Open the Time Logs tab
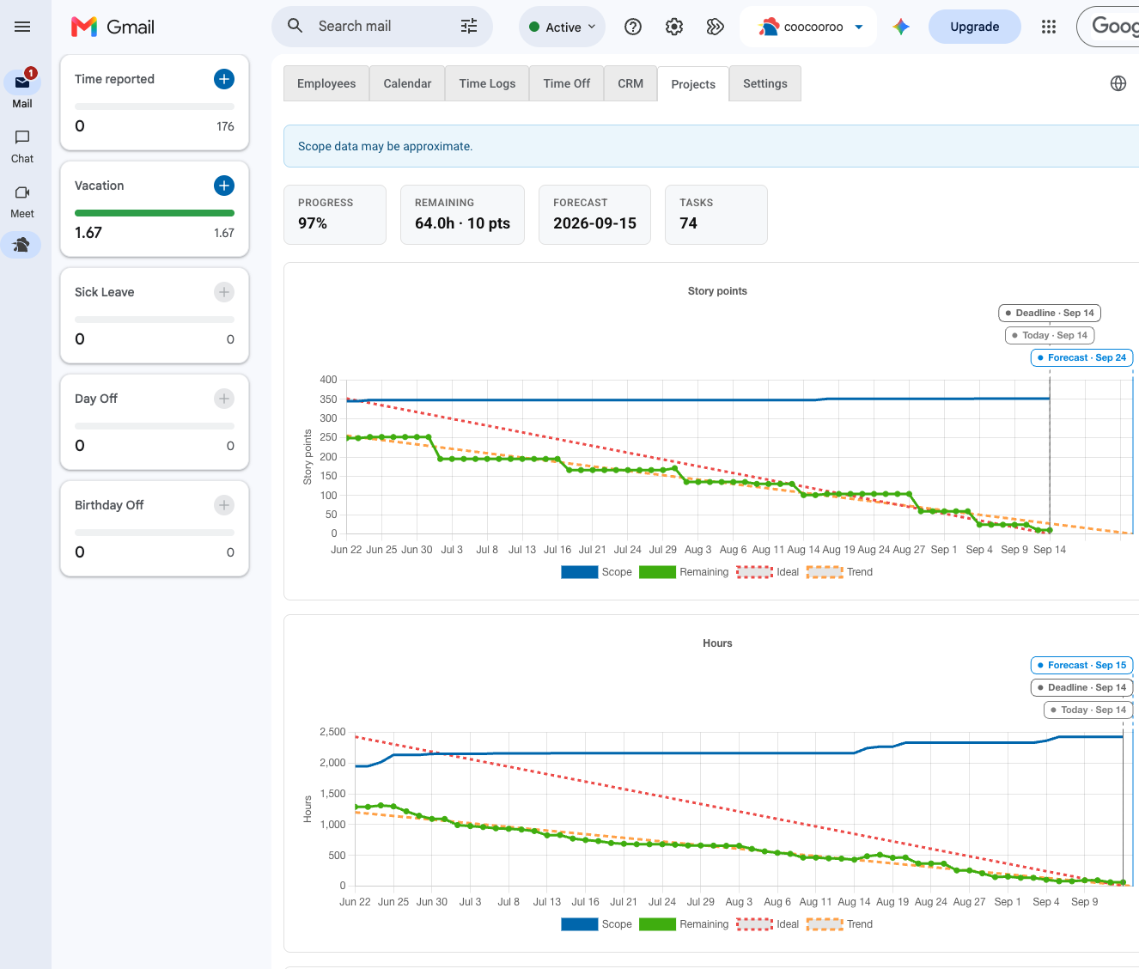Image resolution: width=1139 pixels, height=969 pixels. [x=487, y=83]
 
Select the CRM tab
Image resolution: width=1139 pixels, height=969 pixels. [x=630, y=83]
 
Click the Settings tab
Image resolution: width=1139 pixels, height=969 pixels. [x=764, y=83]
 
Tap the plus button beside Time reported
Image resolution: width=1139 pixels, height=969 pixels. [x=223, y=79]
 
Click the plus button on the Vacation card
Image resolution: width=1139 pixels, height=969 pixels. [x=223, y=186]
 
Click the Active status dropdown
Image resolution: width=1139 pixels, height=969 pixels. [x=562, y=27]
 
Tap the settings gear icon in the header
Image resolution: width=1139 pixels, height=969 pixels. [x=674, y=27]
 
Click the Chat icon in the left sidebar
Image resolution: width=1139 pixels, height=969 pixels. [x=22, y=137]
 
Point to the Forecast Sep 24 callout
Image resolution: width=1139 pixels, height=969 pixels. [x=1081, y=357]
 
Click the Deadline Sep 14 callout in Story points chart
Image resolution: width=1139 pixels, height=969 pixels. [x=1050, y=313]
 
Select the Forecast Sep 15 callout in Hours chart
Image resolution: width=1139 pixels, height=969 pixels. [x=1081, y=665]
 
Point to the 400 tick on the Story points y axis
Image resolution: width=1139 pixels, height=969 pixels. [x=328, y=379]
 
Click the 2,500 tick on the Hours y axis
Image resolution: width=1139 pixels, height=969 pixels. [x=332, y=731]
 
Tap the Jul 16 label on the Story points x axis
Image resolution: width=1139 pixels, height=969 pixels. [x=557, y=550]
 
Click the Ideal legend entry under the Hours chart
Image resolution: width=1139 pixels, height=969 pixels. [x=768, y=924]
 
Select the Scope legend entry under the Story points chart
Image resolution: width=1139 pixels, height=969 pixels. [x=597, y=572]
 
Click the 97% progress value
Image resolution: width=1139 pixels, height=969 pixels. [x=313, y=223]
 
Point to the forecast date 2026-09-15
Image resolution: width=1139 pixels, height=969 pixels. [x=594, y=223]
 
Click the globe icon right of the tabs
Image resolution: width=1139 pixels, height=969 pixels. [x=1118, y=83]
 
